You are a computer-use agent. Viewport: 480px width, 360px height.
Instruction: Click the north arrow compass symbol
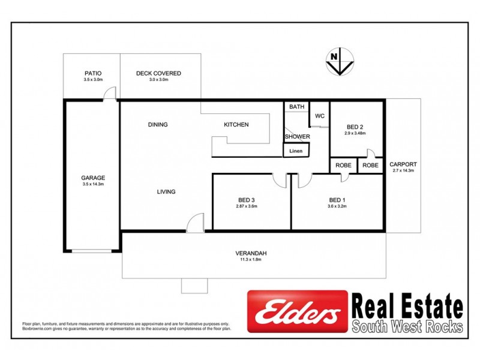[x=340, y=62]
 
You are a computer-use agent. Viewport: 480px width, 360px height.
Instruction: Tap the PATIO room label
[x=94, y=73]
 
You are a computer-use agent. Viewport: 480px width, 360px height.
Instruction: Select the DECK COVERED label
[x=158, y=73]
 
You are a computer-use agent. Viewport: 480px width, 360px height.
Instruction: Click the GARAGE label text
[x=93, y=178]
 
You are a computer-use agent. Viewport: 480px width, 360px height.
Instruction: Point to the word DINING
[x=158, y=125]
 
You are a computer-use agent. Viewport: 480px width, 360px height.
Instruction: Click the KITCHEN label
[x=236, y=125]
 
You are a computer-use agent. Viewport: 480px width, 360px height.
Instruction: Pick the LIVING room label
[x=166, y=192]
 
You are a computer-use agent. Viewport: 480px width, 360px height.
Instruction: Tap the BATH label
[x=297, y=107]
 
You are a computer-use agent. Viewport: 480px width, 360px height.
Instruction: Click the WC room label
[x=319, y=116]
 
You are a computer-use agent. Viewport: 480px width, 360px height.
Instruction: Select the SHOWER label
[x=297, y=137]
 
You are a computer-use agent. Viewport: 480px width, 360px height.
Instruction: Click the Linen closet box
[x=296, y=151]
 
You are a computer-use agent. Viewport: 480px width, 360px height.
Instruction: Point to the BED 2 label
[x=355, y=127]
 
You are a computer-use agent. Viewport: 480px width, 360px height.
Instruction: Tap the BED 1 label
[x=337, y=200]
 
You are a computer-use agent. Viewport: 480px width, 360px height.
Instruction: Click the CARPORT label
[x=403, y=164]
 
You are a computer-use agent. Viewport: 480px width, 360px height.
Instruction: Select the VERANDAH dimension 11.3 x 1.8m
[x=251, y=260]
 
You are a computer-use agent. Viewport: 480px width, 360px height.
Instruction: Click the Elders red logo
[x=298, y=311]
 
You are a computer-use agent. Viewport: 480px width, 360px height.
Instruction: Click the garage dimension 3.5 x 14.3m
[x=93, y=184]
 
